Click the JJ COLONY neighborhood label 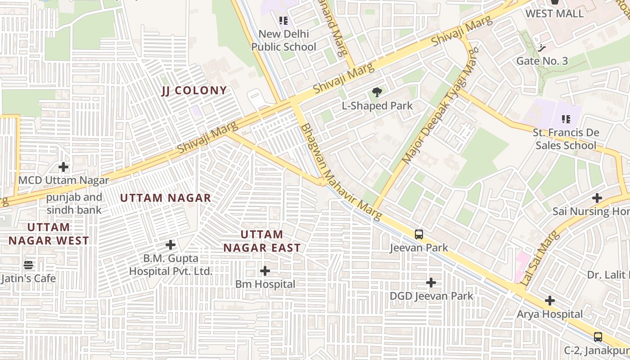click(194, 90)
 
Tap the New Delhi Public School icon click(283, 20)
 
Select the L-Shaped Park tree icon click(377, 93)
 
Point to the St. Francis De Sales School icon click(566, 119)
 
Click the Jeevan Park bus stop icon click(419, 234)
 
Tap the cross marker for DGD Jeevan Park click(431, 283)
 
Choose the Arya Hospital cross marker click(549, 301)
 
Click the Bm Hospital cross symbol click(265, 271)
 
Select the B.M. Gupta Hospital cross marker click(171, 245)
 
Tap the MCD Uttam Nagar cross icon click(63, 167)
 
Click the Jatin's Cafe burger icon click(28, 265)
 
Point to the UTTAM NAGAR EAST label click(262, 241)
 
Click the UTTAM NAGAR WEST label click(49, 234)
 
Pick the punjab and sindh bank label click(74, 204)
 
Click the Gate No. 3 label click(542, 61)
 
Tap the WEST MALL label click(554, 13)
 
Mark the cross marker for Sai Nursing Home click(597, 198)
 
